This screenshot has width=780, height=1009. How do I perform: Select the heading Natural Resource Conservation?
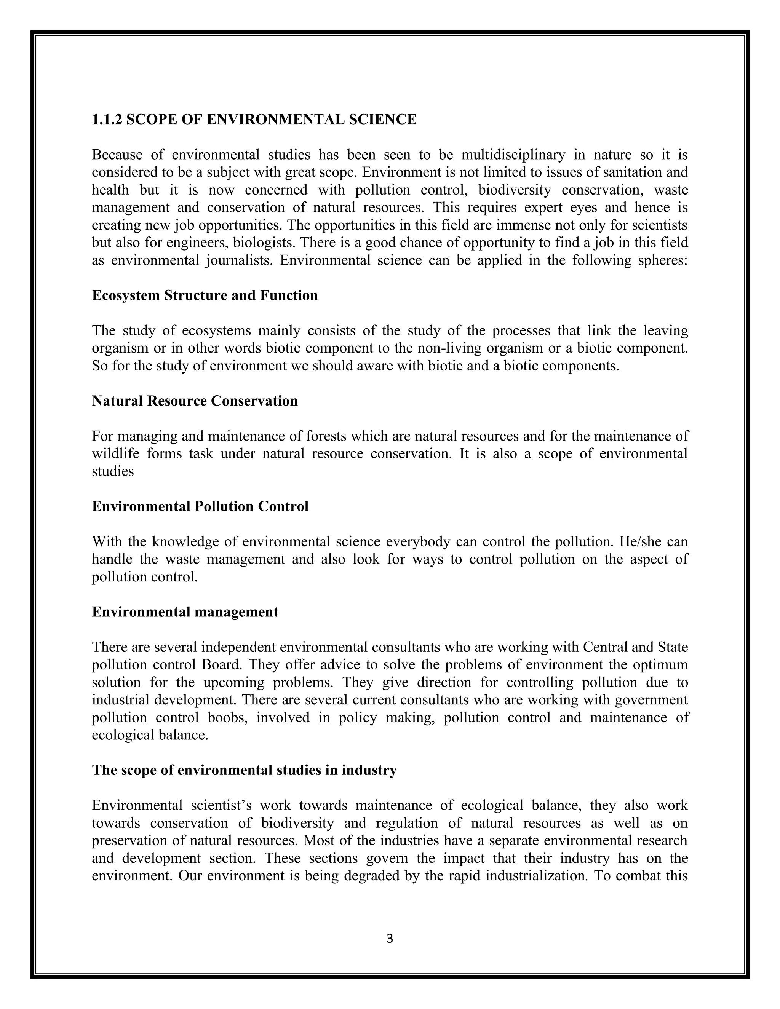195,401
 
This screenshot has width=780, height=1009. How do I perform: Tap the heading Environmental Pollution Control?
200,506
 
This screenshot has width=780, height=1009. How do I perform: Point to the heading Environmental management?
185,612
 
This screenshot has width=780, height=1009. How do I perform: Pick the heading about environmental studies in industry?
244,770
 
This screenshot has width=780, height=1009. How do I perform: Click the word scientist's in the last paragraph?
221,805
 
